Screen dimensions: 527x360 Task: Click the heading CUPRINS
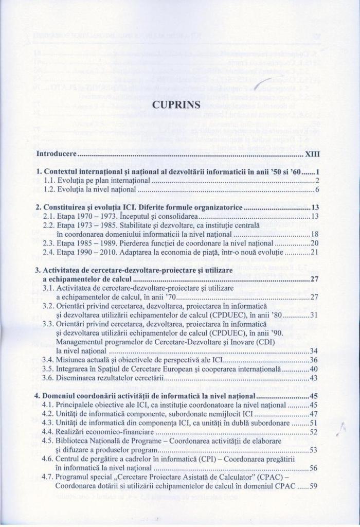(x=179, y=106)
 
